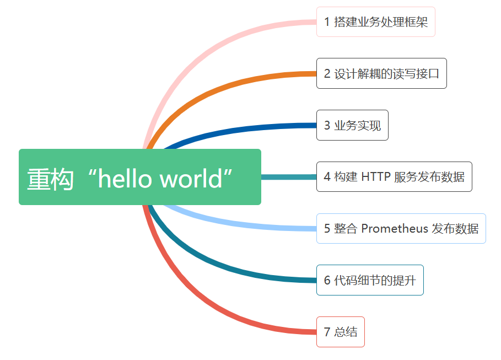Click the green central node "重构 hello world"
[139, 177]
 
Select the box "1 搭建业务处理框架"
[375, 22]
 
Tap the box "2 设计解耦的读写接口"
[381, 73]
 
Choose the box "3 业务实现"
[352, 125]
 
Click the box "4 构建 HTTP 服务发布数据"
[394, 176]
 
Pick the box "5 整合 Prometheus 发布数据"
[401, 228]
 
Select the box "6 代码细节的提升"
[369, 280]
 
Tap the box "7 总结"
[340, 332]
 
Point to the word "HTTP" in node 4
[376, 176]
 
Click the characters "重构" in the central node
[50, 179]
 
